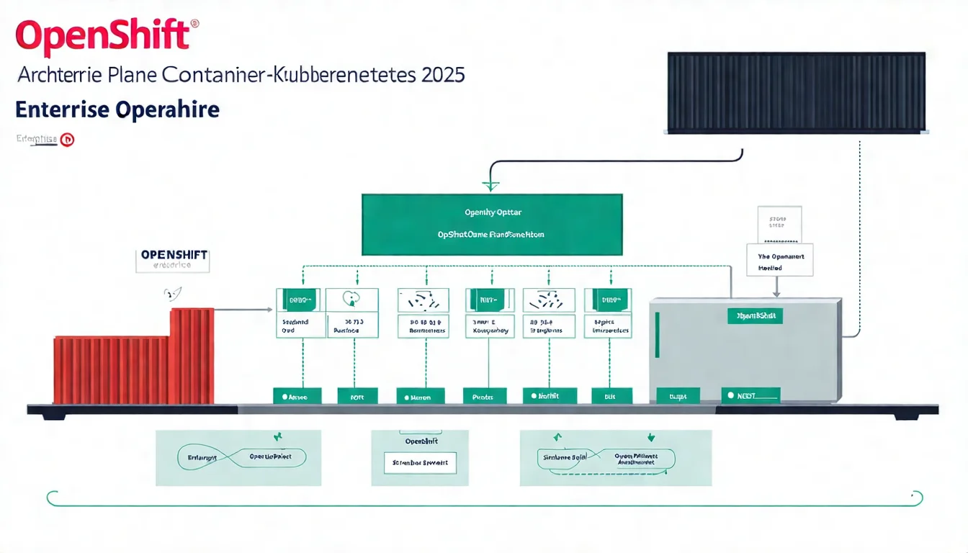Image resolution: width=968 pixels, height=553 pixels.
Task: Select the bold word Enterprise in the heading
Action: [62, 110]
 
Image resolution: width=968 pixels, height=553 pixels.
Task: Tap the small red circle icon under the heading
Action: [67, 140]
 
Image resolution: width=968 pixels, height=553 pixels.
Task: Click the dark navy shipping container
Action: [796, 92]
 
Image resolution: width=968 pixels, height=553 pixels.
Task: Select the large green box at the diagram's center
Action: [491, 224]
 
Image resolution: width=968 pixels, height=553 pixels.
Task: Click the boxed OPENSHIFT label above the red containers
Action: [173, 260]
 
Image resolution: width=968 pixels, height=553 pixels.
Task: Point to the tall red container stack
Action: [192, 356]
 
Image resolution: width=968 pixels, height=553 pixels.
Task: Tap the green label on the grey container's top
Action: [754, 315]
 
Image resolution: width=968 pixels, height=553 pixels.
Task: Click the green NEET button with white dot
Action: [750, 395]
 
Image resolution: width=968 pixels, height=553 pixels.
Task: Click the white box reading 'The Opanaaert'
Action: [780, 260]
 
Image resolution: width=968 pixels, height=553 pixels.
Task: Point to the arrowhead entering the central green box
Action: [490, 186]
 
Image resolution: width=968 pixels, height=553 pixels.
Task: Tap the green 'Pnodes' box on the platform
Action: [484, 396]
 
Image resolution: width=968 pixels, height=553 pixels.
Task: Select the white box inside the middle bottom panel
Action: [420, 462]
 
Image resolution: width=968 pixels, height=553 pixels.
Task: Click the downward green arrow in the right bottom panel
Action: [651, 437]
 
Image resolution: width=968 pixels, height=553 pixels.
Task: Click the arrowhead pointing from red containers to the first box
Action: [269, 310]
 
